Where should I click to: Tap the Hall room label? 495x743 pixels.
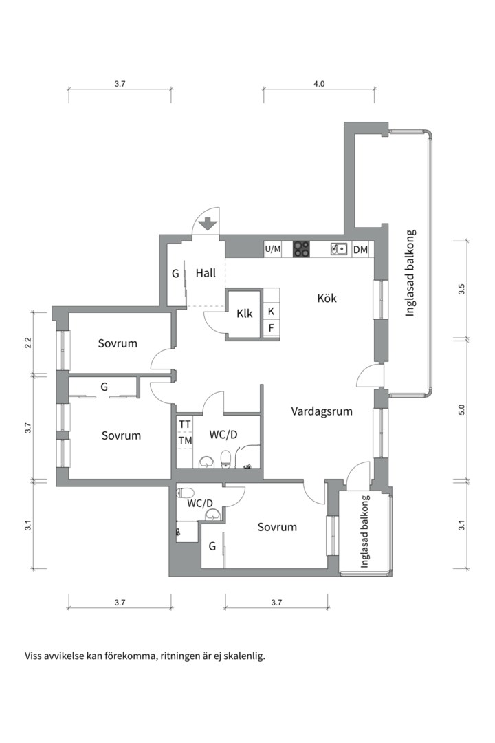pyautogui.click(x=206, y=273)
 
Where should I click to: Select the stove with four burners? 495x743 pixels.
pyautogui.click(x=302, y=249)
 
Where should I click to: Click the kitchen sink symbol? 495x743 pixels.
pyautogui.click(x=339, y=249)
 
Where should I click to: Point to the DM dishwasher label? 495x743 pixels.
pyautogui.click(x=360, y=249)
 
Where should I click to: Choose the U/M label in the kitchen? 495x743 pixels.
pyautogui.click(x=273, y=249)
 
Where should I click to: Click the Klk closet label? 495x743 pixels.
pyautogui.click(x=245, y=313)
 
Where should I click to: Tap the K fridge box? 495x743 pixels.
pyautogui.click(x=271, y=312)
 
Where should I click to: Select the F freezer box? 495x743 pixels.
pyautogui.click(x=271, y=328)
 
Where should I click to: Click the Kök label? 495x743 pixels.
pyautogui.click(x=327, y=298)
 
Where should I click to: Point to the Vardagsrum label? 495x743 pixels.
pyautogui.click(x=322, y=411)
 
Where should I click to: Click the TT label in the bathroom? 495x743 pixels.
pyautogui.click(x=185, y=424)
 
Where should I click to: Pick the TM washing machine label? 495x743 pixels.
pyautogui.click(x=185, y=441)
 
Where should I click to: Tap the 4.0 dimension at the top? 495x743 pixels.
pyautogui.click(x=319, y=84)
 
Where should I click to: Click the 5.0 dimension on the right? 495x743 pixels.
pyautogui.click(x=462, y=409)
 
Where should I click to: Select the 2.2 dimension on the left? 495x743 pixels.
pyautogui.click(x=28, y=343)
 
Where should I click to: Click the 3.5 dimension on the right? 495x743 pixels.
pyautogui.click(x=462, y=289)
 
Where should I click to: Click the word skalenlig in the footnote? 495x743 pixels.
pyautogui.click(x=245, y=657)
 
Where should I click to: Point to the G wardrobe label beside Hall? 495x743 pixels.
pyautogui.click(x=175, y=274)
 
